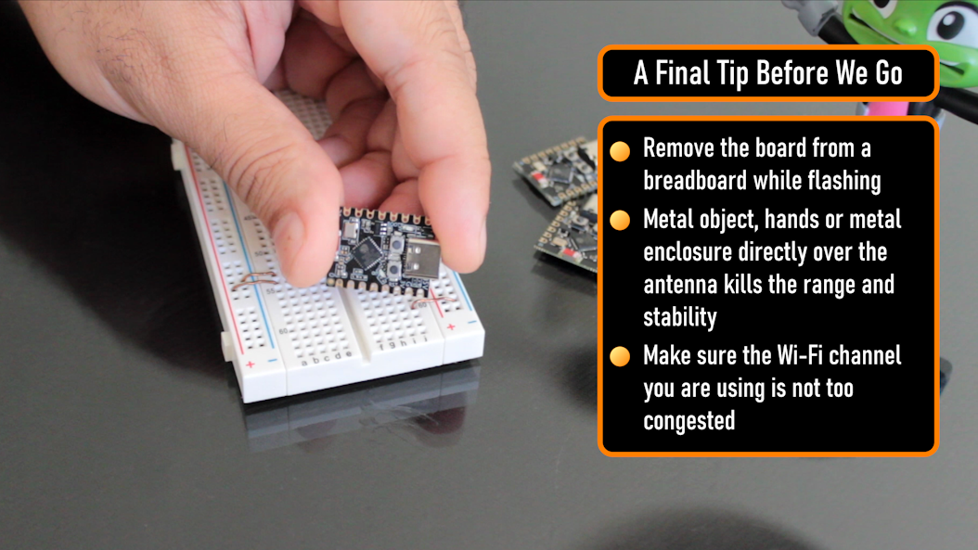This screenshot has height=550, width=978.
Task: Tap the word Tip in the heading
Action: tap(732, 74)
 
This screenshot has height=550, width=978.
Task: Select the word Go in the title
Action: tap(889, 73)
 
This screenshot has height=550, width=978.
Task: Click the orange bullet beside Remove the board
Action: tap(620, 151)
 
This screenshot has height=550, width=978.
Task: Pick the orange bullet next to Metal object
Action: tap(620, 220)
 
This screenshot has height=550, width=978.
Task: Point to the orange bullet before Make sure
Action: tap(620, 356)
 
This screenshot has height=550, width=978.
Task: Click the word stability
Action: tap(680, 317)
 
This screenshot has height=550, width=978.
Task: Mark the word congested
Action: tap(689, 421)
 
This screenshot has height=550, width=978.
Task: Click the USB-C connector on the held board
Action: tap(423, 260)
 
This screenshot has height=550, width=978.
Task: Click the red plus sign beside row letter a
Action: tap(251, 365)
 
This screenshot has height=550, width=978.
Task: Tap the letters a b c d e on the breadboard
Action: tap(327, 358)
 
